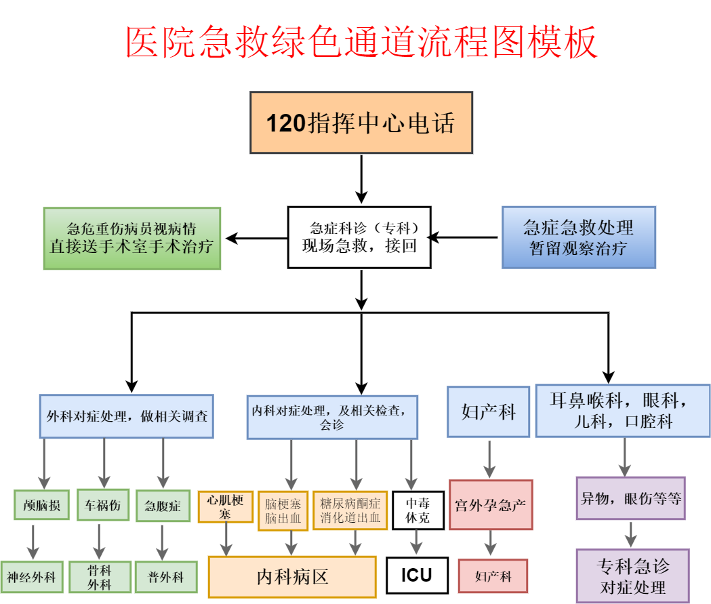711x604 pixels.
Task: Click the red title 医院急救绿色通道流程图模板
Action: click(x=361, y=42)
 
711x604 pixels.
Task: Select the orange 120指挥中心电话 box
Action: click(x=361, y=123)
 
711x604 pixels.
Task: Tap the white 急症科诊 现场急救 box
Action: click(x=359, y=237)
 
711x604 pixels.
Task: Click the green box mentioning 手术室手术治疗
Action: click(x=132, y=238)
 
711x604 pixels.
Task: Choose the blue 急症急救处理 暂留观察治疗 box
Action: click(x=578, y=237)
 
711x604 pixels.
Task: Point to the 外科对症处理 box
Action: click(x=127, y=416)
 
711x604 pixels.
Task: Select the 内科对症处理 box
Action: click(x=332, y=416)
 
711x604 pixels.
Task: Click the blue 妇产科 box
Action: click(x=489, y=411)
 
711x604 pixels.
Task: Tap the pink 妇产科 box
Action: click(x=493, y=576)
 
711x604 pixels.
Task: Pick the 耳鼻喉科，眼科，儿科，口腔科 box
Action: click(x=623, y=411)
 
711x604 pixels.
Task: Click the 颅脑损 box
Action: click(x=42, y=505)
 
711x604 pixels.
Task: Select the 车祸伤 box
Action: click(x=102, y=505)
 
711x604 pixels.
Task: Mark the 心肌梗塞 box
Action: click(x=225, y=506)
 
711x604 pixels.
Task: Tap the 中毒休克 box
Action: click(x=418, y=510)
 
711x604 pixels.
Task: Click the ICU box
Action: click(x=416, y=576)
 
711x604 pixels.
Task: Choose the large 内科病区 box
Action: click(x=292, y=577)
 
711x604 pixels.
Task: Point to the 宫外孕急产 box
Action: click(x=491, y=504)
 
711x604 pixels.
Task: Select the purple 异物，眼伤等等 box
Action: click(x=630, y=498)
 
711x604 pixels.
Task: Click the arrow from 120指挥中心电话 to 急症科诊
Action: click(x=361, y=179)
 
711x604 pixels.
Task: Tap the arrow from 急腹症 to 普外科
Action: click(x=162, y=541)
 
